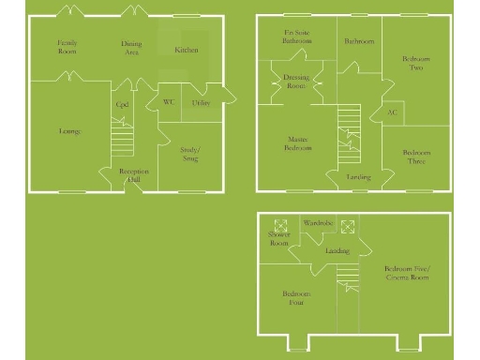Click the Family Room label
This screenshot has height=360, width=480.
pos(67,47)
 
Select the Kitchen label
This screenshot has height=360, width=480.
pos(187,50)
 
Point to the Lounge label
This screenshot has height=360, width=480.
pos(69,131)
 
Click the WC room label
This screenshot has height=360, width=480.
pos(170,102)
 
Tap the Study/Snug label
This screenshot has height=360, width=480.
pos(189,154)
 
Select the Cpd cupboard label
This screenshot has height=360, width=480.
pos(122,105)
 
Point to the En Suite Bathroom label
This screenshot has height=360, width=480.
pos(298,37)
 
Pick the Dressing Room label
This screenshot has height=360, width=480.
pos(296,82)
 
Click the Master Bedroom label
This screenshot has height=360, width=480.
pos(297,144)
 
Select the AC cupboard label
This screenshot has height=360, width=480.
pos(392,112)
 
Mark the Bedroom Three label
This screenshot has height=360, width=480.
pos(416,157)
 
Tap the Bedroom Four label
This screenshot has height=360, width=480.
pos(296,298)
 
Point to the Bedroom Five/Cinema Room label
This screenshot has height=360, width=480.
pos(406,274)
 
